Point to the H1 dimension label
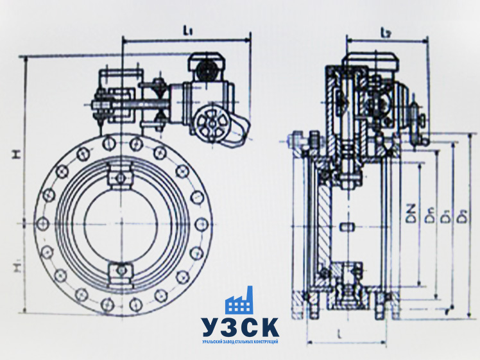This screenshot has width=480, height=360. coord(17,264)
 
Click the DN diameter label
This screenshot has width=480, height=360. coord(410,214)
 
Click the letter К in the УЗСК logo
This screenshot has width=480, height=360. coord(270,327)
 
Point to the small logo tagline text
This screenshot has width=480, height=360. coord(240,341)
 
